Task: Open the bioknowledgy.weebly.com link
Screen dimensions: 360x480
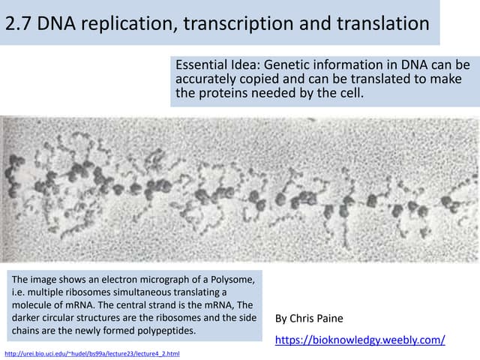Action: coord(360,340)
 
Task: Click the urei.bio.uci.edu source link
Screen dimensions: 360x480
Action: coord(91,352)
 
